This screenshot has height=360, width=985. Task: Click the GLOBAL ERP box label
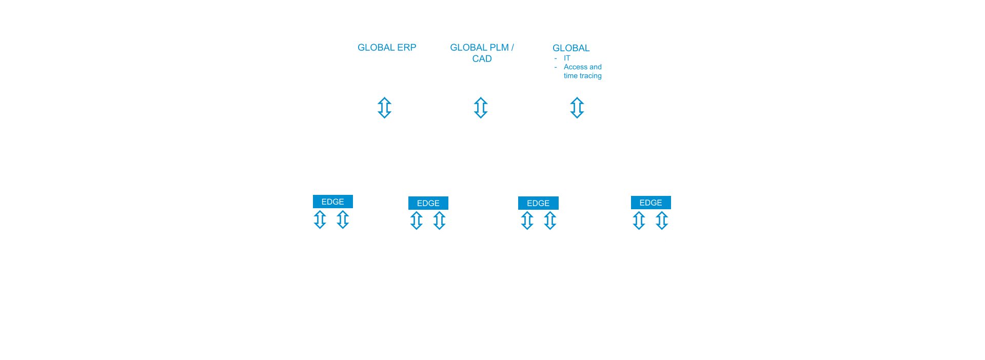coord(387,48)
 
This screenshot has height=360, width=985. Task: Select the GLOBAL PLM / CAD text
coord(482,53)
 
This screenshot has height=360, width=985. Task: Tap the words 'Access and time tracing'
coord(582,71)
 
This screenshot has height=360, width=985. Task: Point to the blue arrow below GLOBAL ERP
coord(384,108)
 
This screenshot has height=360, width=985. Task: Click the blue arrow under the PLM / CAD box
coord(481,108)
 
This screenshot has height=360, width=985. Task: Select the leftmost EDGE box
coord(332,202)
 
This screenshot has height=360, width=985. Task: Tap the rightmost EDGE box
coord(651,203)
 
